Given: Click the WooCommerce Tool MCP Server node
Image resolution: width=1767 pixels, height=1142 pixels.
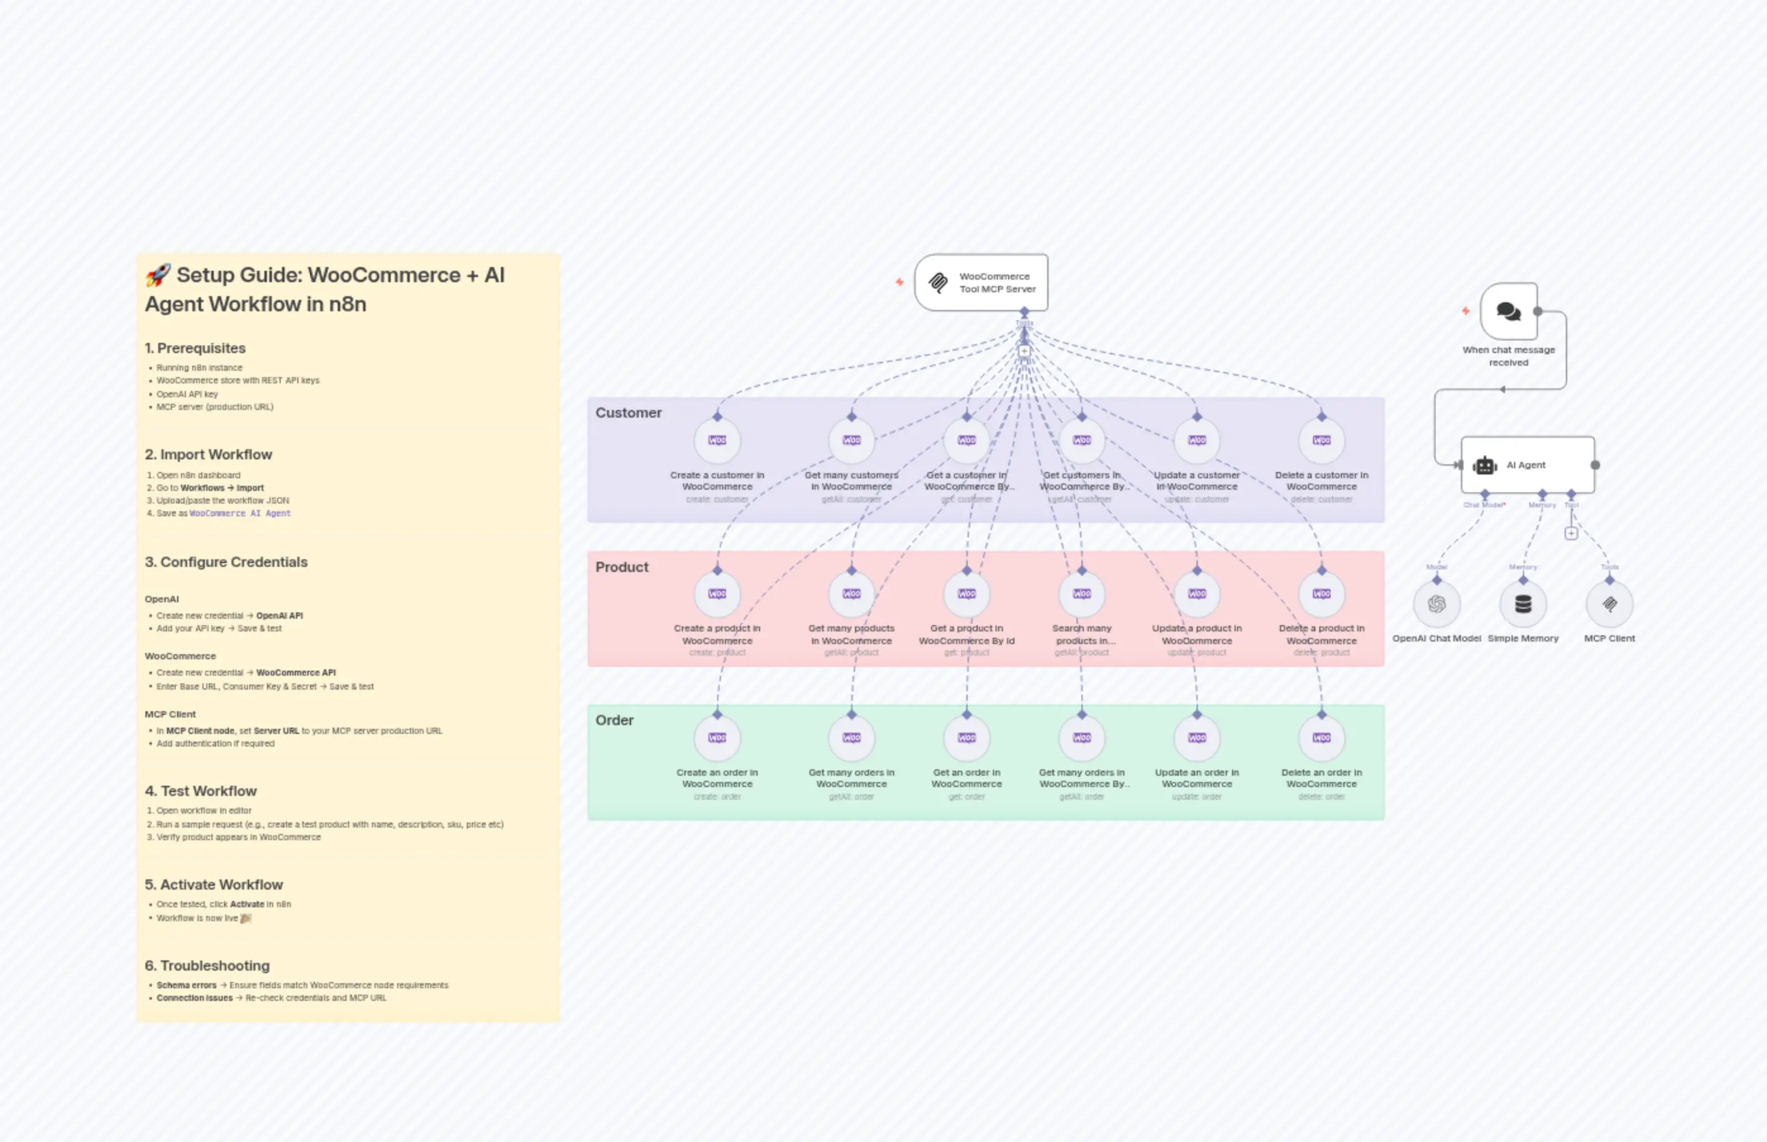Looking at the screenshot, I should pos(981,283).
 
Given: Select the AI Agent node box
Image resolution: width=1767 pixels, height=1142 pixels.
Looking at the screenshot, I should pos(1527,465).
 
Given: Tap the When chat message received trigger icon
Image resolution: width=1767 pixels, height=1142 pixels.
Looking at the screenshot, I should pos(1508,311).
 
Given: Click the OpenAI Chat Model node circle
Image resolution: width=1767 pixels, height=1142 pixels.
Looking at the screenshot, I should pos(1436,604).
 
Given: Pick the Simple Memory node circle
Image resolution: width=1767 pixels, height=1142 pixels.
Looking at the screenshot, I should pos(1522,604).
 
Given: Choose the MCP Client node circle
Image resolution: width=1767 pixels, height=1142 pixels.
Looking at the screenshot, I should pos(1609,604).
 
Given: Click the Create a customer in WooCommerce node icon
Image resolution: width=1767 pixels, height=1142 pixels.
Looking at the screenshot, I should pos(717,440).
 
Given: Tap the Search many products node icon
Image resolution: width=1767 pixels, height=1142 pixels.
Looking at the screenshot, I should pos(1081,594).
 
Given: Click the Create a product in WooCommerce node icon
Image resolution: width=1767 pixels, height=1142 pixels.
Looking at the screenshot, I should pos(717,594).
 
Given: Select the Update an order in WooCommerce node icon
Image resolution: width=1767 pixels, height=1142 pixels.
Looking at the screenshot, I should pos(1197,738).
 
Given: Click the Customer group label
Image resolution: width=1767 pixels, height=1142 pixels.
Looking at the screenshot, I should pos(628,413).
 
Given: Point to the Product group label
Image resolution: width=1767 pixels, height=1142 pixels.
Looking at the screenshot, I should pos(621,568).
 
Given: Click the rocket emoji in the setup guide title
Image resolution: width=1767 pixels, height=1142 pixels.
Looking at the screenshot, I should pos(158,275).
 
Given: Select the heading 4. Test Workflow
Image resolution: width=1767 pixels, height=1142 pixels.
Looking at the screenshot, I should pos(201,791).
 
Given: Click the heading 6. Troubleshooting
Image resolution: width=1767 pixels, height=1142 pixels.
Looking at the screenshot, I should pos(207,965).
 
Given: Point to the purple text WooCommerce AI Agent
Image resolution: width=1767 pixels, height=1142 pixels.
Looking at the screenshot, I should pos(240,513).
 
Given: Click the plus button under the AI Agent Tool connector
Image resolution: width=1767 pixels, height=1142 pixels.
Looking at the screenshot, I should pos(1570,533).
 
